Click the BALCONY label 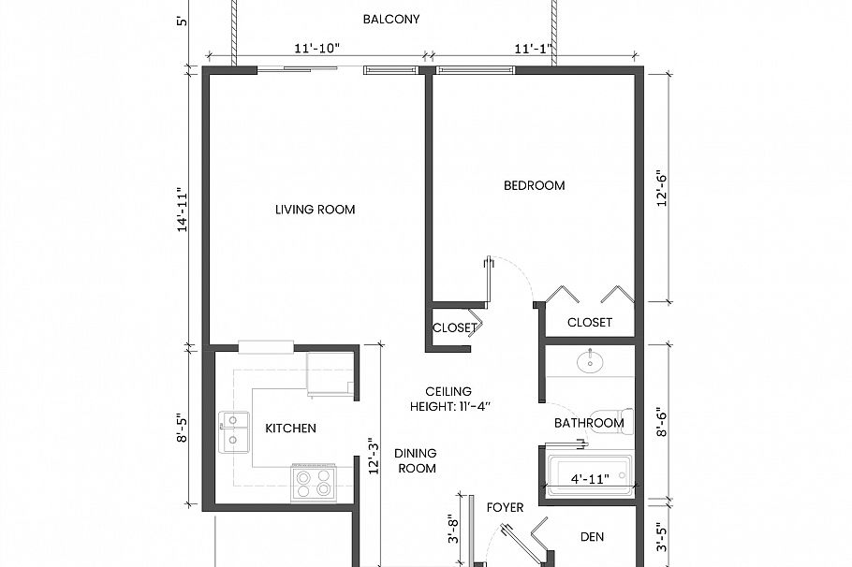click(x=390, y=20)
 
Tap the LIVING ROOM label click(x=315, y=210)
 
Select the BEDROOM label click(x=534, y=185)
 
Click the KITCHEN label click(x=290, y=429)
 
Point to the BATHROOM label click(x=588, y=423)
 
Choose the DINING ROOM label click(x=417, y=460)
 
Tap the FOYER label click(x=505, y=508)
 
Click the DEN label click(x=592, y=537)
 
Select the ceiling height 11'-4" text click(x=449, y=399)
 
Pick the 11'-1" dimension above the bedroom click(x=536, y=49)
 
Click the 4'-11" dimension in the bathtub click(x=590, y=479)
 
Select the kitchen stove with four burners click(x=313, y=483)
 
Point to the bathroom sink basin click(x=590, y=361)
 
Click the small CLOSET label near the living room click(x=454, y=327)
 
